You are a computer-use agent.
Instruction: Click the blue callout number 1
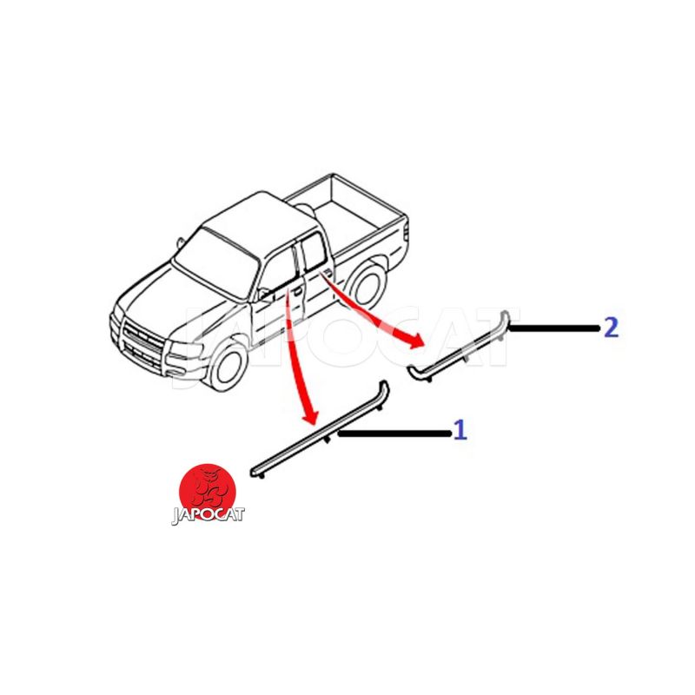coord(460,430)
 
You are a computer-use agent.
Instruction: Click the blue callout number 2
coord(612,328)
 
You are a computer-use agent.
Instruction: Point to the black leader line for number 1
coord(395,434)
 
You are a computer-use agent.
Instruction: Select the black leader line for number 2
coord(554,328)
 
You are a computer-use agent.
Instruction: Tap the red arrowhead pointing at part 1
coord(311,416)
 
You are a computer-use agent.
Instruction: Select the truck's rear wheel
coord(367,284)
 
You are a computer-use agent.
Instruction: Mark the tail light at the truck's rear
coord(406,230)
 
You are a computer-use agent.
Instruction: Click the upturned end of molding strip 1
coord(383,390)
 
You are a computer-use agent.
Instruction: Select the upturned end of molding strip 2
coord(505,318)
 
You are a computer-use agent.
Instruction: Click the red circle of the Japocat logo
coord(208,492)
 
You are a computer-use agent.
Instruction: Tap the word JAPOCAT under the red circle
coord(208,515)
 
